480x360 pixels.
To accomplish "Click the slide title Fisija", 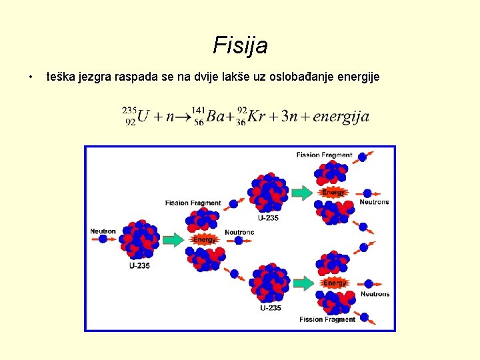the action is click(240, 45).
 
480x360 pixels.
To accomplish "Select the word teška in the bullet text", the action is click(59, 77).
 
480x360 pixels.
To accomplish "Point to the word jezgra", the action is click(93, 77).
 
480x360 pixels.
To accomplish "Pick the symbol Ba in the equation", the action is click(217, 117).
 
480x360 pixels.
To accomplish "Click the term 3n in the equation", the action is click(289, 117).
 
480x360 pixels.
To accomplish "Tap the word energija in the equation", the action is click(341, 117).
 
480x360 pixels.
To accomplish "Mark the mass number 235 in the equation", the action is click(130, 110).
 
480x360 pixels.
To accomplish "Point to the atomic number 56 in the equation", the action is click(199, 123).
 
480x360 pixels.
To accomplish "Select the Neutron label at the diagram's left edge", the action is click(103, 231).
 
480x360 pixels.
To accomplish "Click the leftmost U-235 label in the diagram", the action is click(139, 265).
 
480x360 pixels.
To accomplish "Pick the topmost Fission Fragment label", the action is click(324, 155).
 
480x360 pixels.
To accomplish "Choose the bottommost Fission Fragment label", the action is click(327, 319).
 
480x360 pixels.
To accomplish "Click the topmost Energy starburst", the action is click(333, 192).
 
